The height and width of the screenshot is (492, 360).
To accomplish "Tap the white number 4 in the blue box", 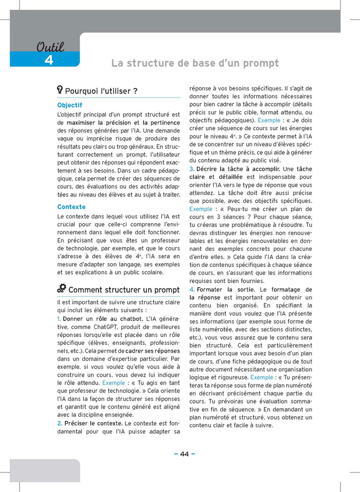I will pos(49,60).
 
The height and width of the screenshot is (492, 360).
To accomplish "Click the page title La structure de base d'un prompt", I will pos(195,63).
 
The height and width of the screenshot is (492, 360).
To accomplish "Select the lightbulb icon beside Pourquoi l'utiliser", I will pos(60,90).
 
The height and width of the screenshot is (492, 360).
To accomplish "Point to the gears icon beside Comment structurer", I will pos(62,288).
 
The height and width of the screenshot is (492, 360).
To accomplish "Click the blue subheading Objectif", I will pos(69,105).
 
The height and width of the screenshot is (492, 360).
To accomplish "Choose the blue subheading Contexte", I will pos(71,207).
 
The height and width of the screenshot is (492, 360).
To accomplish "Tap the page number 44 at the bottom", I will pos(184,453).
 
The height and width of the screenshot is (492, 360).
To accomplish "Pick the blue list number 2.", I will pos(60,423).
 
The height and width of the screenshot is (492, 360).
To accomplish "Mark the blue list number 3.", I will pos(191,169).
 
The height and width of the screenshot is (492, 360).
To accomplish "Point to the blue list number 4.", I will pos(192,289).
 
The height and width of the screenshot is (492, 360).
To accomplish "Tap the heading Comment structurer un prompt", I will pos(124,290).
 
